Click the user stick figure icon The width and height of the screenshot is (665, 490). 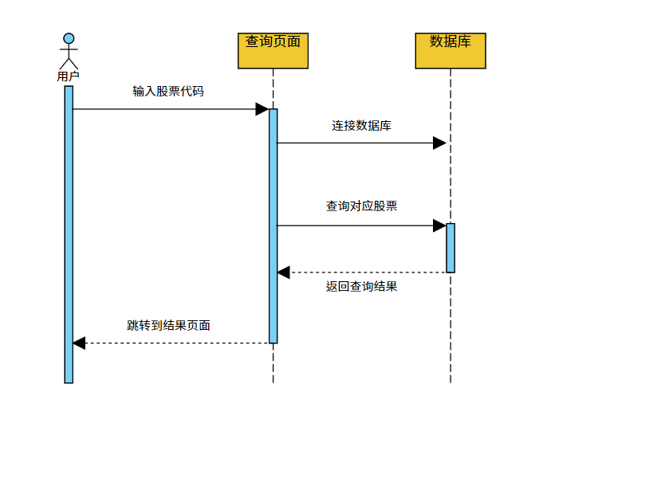pyautogui.click(x=69, y=53)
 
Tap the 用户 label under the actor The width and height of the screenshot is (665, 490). pyautogui.click(x=69, y=76)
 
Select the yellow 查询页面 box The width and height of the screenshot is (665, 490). pyautogui.click(x=273, y=51)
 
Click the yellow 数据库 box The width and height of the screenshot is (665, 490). pyautogui.click(x=451, y=51)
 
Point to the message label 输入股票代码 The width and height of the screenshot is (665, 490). pyautogui.click(x=168, y=92)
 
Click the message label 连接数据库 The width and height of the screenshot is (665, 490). pyautogui.click(x=361, y=126)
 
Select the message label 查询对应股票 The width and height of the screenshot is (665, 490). pyautogui.click(x=361, y=206)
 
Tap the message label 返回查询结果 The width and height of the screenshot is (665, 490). pyautogui.click(x=361, y=287)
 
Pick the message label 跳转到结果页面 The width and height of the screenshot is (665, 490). pyautogui.click(x=168, y=325)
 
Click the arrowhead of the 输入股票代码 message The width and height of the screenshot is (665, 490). pyautogui.click(x=262, y=109)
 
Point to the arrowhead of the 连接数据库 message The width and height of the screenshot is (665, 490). pyautogui.click(x=439, y=143)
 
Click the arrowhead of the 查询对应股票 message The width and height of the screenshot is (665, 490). pyautogui.click(x=439, y=225)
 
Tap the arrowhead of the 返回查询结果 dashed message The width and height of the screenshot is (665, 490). pyautogui.click(x=283, y=272)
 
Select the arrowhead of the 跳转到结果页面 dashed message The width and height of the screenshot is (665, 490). pyautogui.click(x=79, y=343)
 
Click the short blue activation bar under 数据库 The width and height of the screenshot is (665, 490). pyautogui.click(x=451, y=248)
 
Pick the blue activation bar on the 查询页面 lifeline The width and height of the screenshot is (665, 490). pyautogui.click(x=273, y=225)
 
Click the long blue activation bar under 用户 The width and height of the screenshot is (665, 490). pyautogui.click(x=69, y=234)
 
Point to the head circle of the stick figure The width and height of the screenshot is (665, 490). pyautogui.click(x=69, y=38)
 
